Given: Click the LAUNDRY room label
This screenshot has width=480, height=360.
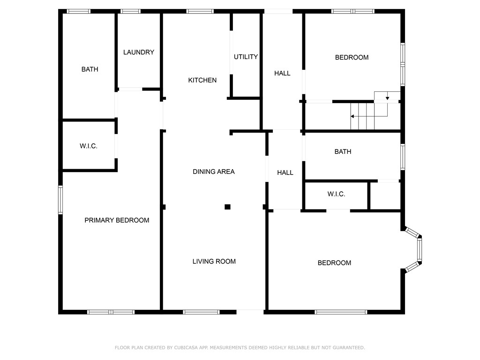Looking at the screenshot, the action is point(139,52).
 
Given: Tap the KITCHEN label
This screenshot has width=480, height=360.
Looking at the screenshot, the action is point(202,80).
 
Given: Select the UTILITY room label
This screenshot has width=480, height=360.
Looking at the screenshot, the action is point(246,57).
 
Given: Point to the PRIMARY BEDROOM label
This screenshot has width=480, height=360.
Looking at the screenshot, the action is point(117,220).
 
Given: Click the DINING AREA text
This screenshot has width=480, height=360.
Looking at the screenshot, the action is point(214,172).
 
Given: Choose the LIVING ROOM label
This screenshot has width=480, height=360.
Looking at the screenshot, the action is point(214,262).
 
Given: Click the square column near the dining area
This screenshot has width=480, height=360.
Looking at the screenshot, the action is point(227,207).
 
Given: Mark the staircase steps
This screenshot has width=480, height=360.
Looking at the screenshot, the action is point(362,116).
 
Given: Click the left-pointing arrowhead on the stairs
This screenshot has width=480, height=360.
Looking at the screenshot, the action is point(352,116).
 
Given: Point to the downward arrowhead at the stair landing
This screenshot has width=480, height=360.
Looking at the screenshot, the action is point(387,98).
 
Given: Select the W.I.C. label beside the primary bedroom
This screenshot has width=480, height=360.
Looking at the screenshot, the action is point(89,146).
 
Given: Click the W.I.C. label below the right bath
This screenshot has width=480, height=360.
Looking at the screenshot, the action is point(336,194).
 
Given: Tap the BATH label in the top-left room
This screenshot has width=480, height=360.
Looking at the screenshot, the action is point(90,69).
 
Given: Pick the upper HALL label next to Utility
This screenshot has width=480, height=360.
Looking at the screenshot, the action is point(282,74).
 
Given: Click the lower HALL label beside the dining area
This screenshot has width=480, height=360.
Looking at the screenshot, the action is point(285,172).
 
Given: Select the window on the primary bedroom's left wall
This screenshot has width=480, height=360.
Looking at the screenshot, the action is point(60,200).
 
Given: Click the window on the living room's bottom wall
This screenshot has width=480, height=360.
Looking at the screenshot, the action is point(201,312).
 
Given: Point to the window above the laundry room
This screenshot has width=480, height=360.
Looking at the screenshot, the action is point(130,11).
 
